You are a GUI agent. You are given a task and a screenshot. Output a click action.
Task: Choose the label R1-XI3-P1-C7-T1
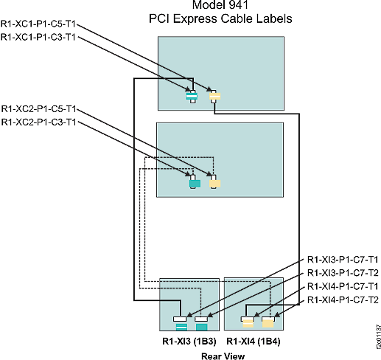342,260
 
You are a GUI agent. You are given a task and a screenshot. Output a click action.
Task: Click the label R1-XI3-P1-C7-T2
342,273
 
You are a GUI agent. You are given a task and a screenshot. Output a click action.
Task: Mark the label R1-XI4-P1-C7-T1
342,286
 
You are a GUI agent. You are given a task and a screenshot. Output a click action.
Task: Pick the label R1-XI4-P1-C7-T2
342,300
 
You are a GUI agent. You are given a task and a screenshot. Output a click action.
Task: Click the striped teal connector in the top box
192,97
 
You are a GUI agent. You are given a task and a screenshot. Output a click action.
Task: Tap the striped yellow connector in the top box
214,96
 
